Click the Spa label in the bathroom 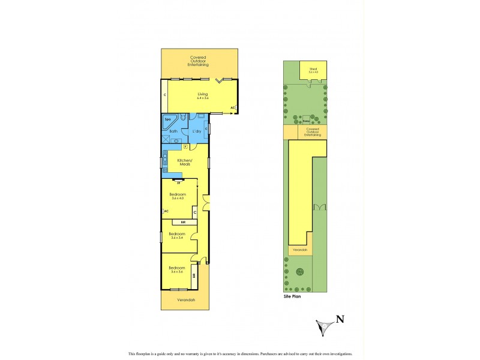tap(167, 120)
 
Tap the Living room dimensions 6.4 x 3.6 tap(202, 98)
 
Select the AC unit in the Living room tap(233, 108)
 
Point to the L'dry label tap(196, 131)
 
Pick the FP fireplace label tap(178, 182)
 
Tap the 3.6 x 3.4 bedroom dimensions tap(176, 238)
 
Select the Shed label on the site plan tap(313, 69)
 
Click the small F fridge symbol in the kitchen tap(185, 146)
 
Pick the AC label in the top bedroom tap(166, 211)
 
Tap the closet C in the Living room tap(164, 95)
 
